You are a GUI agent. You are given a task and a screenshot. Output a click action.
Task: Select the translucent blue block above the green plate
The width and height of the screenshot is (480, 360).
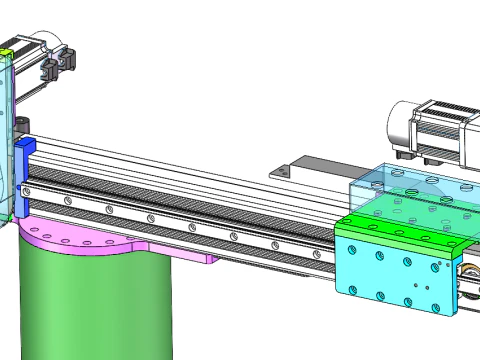coord(405,190)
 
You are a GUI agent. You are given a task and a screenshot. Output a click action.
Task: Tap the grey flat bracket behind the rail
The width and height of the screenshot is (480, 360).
coord(310,165)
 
